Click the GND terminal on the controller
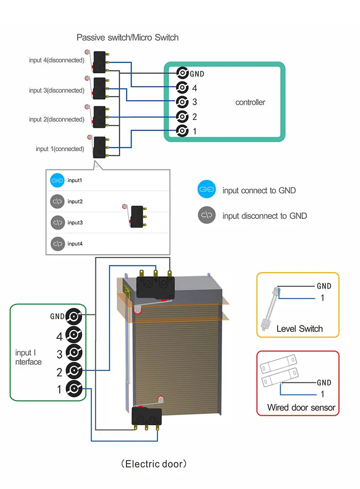point(182,73)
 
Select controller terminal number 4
point(182,88)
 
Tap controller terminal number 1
point(182,131)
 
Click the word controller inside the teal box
point(250,102)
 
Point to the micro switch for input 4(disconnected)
point(100,61)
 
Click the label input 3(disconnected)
point(57,90)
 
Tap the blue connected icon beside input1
point(57,180)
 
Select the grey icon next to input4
point(57,244)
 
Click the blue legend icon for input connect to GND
point(206,190)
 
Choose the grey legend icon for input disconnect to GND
point(206,215)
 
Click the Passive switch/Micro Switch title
point(128,37)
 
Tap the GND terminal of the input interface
point(74,316)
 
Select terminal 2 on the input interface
point(74,371)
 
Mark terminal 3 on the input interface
point(74,353)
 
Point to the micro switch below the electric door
point(147,416)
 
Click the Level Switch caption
point(299,329)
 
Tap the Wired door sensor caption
point(301,407)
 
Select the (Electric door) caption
point(154,464)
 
